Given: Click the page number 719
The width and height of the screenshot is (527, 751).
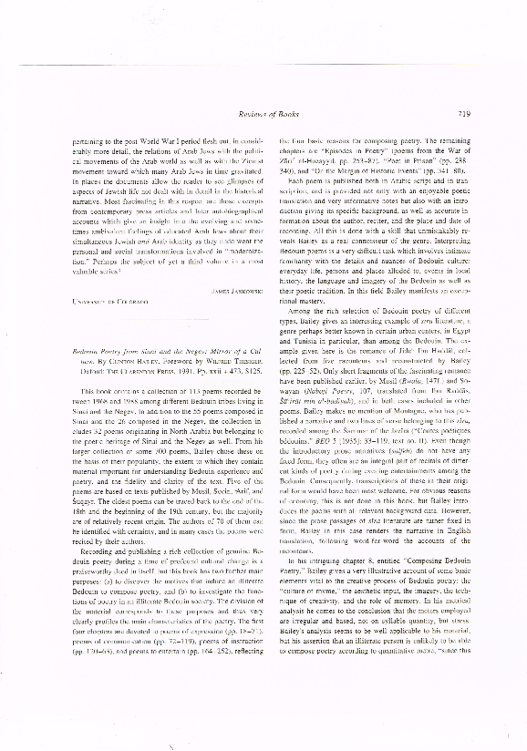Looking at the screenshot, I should (463, 113).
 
